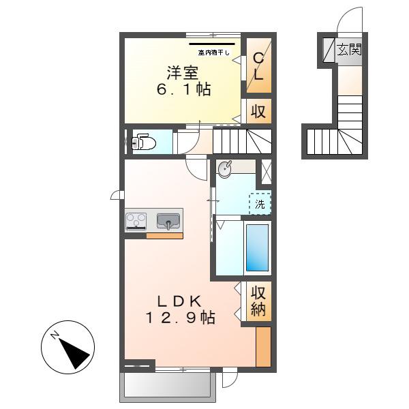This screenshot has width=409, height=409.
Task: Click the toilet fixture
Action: coord(144,142)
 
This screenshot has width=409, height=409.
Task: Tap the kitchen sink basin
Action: coord(168,221)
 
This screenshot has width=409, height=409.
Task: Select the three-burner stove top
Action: coord(136,221)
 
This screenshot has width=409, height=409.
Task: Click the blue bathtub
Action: coord(258,247)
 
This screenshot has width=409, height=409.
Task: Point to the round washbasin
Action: coord(224,169)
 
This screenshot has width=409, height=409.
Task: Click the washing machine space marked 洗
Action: coord(260,204)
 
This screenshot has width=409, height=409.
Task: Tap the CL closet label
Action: coord(258,66)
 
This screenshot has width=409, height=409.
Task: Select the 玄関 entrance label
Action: coord(349,49)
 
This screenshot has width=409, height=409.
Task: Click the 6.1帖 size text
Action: coord(184,89)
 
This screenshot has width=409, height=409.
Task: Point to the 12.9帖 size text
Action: coord(181,318)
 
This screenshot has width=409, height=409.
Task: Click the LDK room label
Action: coord(179,301)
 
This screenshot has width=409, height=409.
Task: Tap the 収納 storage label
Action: coord(258,301)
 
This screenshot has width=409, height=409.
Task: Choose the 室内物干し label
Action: coord(213,52)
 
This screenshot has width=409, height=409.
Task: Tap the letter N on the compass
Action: coord(55,335)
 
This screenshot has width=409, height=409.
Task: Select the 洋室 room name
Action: coord(183,73)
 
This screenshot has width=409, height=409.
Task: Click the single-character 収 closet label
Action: coord(258,111)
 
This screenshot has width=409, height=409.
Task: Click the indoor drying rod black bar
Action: coord(212,44)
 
